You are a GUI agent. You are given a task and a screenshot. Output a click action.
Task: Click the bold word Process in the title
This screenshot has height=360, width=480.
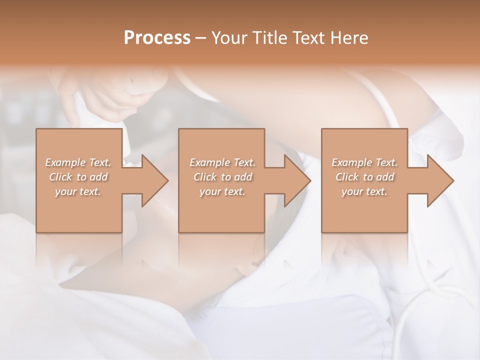pyautogui.click(x=157, y=37)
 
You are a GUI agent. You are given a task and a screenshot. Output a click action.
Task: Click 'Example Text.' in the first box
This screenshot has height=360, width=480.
pyautogui.click(x=78, y=162)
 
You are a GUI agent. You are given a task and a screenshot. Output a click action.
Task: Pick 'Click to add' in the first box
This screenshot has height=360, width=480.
pyautogui.click(x=78, y=177)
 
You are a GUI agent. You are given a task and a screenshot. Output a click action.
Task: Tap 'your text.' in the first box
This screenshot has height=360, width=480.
pyautogui.click(x=78, y=191)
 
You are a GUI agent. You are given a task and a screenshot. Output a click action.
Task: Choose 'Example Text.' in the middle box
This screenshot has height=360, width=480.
pyautogui.click(x=222, y=162)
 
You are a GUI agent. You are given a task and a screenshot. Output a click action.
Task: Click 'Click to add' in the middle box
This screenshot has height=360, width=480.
pyautogui.click(x=222, y=177)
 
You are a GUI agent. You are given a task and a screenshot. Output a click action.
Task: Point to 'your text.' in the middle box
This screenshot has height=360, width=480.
pyautogui.click(x=222, y=191)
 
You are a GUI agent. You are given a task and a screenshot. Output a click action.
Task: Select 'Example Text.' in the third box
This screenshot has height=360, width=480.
pyautogui.click(x=364, y=162)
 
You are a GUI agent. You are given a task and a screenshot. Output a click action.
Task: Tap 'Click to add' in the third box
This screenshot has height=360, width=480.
pyautogui.click(x=364, y=177)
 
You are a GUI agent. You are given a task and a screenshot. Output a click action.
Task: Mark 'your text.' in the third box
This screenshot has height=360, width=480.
pyautogui.click(x=364, y=191)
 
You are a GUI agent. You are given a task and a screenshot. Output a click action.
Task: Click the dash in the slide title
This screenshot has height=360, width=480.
pyautogui.click(x=201, y=38)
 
